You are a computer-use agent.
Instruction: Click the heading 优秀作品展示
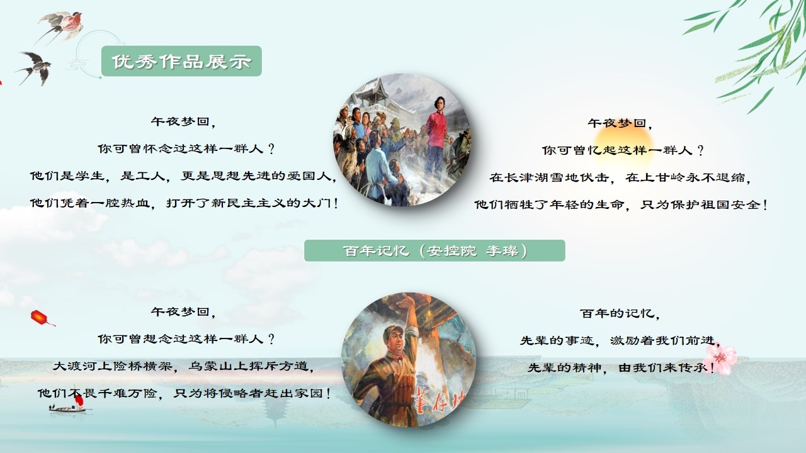click(181, 62)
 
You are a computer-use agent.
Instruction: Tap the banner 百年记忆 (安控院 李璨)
click(434, 250)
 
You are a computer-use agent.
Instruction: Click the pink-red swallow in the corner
click(61, 25)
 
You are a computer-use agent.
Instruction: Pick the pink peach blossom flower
click(720, 359)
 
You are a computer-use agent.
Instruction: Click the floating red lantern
click(40, 318)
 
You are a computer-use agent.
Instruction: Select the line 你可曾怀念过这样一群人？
click(186, 148)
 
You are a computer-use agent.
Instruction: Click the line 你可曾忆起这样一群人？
click(623, 150)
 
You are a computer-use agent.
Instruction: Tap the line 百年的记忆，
click(620, 313)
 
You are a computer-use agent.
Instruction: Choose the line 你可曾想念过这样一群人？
click(186, 338)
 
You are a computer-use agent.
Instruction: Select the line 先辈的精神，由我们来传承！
click(621, 367)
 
